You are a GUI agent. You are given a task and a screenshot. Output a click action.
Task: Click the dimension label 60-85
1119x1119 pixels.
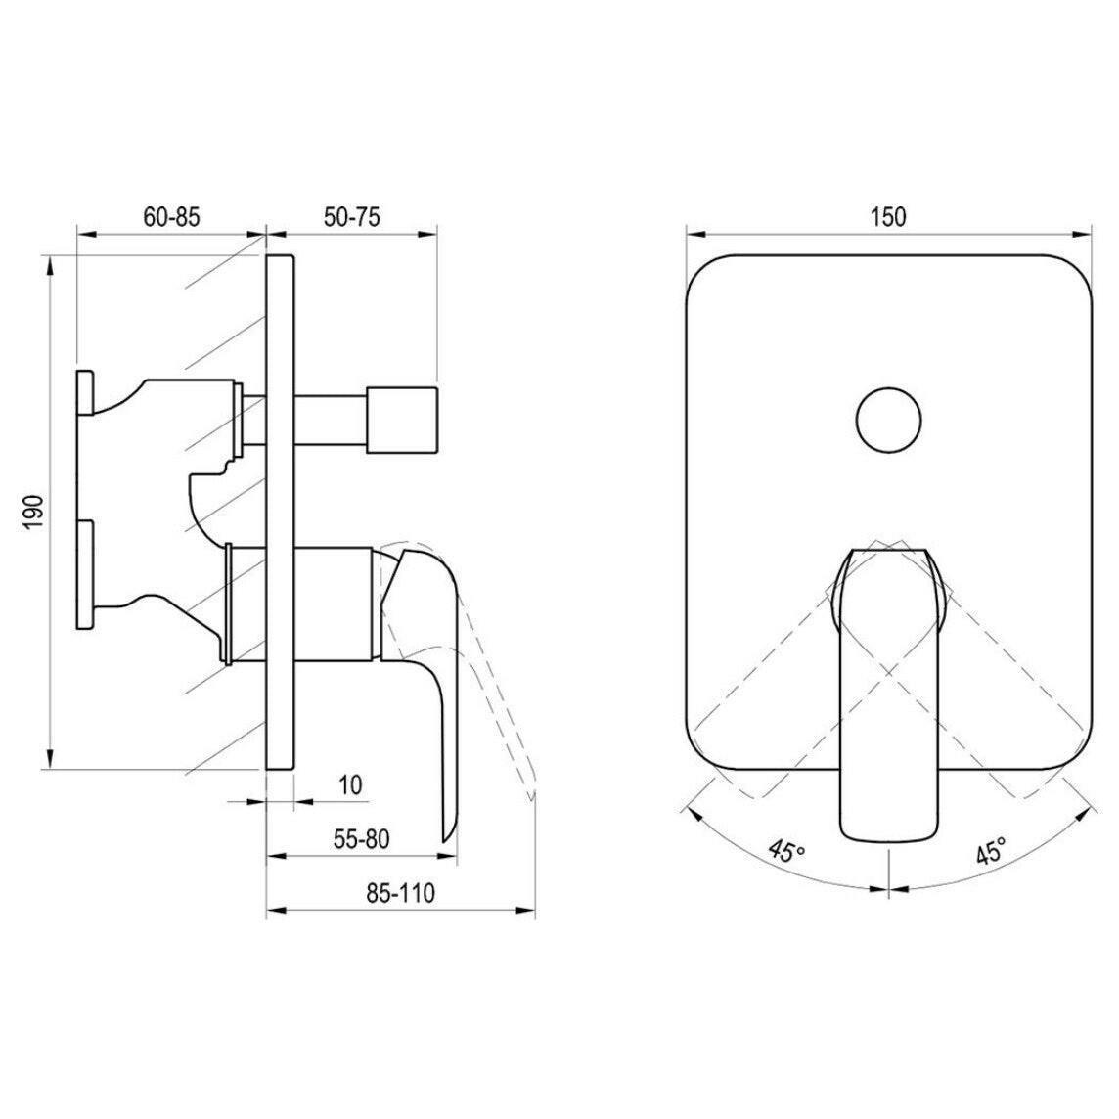pyautogui.click(x=172, y=217)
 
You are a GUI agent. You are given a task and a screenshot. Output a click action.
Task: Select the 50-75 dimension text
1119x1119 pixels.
pyautogui.click(x=352, y=217)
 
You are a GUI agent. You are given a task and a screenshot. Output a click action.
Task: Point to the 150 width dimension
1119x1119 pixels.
pyautogui.click(x=888, y=216)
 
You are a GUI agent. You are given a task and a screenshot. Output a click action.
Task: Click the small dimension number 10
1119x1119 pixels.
pyautogui.click(x=350, y=785)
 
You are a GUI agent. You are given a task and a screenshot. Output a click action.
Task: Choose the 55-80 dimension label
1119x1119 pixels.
pyautogui.click(x=362, y=839)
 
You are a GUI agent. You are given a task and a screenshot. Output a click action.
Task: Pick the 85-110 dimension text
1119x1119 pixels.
pyautogui.click(x=400, y=893)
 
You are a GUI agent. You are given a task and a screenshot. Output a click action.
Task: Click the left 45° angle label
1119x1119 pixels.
pyautogui.click(x=785, y=849)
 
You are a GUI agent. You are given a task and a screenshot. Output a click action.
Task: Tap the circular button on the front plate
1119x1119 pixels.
pyautogui.click(x=888, y=420)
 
